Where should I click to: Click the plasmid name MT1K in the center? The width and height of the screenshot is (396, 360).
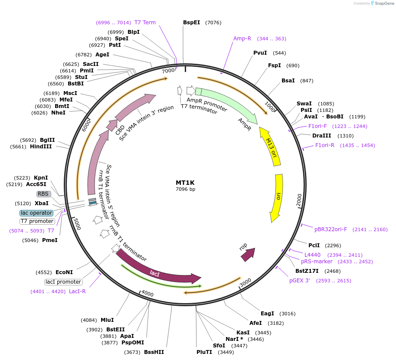pyautogui.click(x=185, y=183)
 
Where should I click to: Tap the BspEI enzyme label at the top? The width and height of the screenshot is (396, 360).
pyautogui.click(x=191, y=22)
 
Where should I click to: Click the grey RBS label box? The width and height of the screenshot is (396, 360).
pyautogui.click(x=43, y=194)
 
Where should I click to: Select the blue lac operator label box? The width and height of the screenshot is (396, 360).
pyautogui.click(x=36, y=213)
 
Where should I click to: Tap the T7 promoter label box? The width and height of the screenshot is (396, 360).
pyautogui.click(x=37, y=221)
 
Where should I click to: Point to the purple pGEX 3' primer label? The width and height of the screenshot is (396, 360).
pyautogui.click(x=300, y=281)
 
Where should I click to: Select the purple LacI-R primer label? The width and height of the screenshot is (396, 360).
pyautogui.click(x=77, y=291)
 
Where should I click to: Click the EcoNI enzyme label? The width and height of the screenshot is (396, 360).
pyautogui.click(x=64, y=272)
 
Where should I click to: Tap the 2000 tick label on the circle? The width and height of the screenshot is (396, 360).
pyautogui.click(x=299, y=200)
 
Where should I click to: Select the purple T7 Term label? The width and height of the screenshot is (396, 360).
pyautogui.click(x=145, y=23)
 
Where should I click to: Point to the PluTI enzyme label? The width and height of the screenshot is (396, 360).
pyautogui.click(x=204, y=352)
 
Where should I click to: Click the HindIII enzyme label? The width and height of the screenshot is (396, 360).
pyautogui.click(x=41, y=147)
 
